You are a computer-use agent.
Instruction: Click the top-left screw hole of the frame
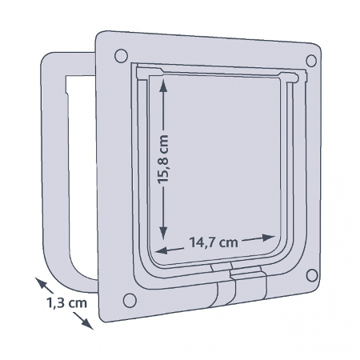[121, 56]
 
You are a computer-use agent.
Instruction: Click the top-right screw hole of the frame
[311, 61]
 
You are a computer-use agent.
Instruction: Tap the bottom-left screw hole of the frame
[130, 300]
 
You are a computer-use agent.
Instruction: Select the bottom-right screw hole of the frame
[312, 275]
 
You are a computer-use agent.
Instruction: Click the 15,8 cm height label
[163, 159]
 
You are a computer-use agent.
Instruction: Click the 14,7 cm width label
[214, 242]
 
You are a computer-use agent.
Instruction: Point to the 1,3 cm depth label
[66, 303]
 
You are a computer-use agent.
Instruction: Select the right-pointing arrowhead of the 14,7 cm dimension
[268, 238]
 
